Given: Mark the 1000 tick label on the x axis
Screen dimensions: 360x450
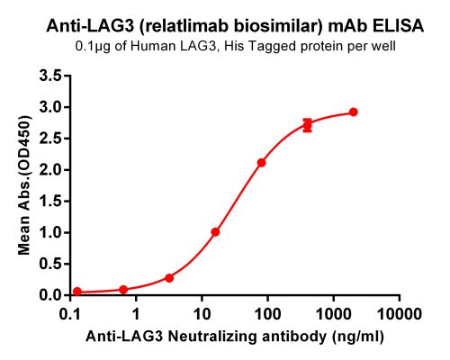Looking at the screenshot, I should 333,314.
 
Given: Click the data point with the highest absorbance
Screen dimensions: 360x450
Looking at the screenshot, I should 354,112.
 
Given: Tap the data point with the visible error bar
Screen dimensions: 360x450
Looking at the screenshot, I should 308,125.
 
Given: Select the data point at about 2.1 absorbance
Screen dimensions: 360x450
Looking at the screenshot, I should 262,163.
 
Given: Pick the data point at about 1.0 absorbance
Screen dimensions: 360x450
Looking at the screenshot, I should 215,231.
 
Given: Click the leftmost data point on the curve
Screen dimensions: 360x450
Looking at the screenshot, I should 77,292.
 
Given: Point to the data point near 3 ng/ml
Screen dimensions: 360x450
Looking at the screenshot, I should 169,278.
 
